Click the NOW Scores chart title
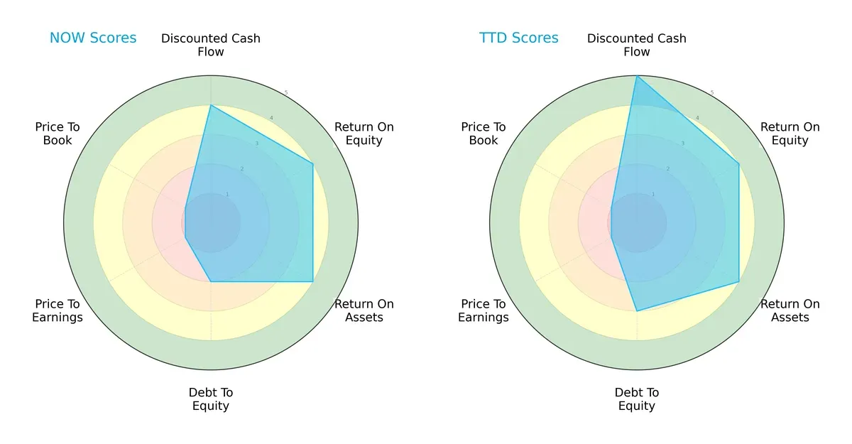coord(92,38)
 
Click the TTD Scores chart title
coord(518,38)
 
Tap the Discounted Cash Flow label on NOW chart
coord(211,45)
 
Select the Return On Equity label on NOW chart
coord(364,134)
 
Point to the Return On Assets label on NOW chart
coord(364,310)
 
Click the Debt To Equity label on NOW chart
coord(211,399)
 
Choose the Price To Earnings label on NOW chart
coord(58,310)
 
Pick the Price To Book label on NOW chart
coord(58,134)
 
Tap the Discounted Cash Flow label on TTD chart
coord(637,45)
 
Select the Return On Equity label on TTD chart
coord(790,134)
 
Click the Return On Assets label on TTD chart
coord(790,310)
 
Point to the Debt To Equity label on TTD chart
coord(637,399)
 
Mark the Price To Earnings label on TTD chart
coord(484,310)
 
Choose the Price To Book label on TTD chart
coord(484,134)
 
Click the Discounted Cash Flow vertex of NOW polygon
coord(211,106)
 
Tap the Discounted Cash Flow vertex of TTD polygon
coord(637,76)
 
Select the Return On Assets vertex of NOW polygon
coord(313,282)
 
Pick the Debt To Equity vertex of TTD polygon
coord(637,311)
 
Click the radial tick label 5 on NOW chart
coord(286,93)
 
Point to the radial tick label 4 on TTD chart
coord(697,118)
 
